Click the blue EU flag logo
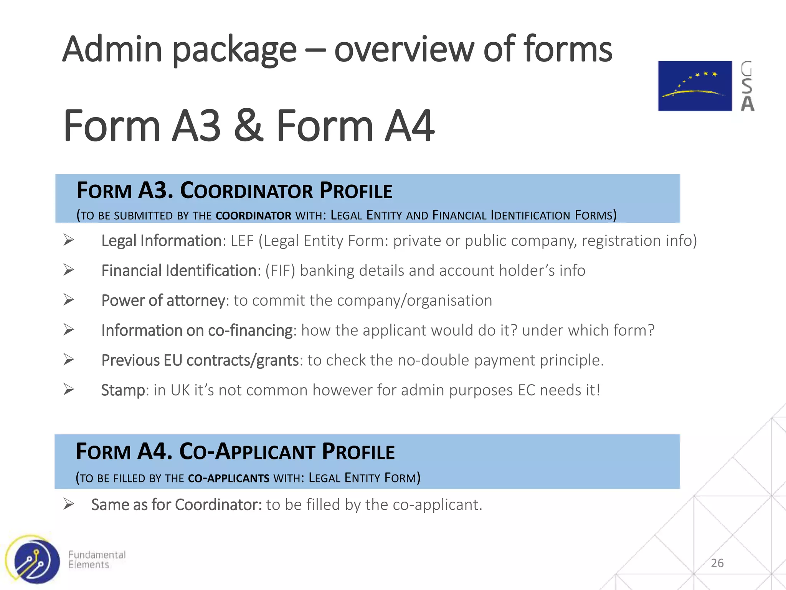pos(695,86)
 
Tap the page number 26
pos(717,563)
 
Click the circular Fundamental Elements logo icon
pos(34,560)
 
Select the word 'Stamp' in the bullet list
pos(123,390)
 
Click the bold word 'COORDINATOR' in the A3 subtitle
pos(253,215)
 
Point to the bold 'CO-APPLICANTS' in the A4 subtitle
pos(229,479)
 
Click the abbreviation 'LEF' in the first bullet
pos(242,241)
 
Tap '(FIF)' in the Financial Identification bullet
pos(280,271)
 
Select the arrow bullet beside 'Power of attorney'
pos(69,300)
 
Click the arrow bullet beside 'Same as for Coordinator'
pos(69,504)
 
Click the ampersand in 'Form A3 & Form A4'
pos(249,126)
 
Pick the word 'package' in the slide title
pos(234,50)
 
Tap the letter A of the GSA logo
pos(747,104)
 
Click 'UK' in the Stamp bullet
pos(180,390)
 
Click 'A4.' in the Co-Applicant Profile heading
pos(155,451)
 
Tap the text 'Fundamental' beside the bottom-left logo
pos(97,555)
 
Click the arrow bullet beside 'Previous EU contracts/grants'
pos(69,360)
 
